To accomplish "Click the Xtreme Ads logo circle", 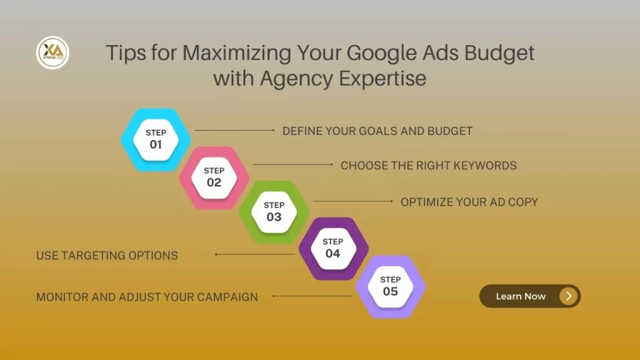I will click(x=52, y=52).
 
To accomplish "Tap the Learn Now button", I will click(x=529, y=296).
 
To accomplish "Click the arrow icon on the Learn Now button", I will click(x=568, y=296).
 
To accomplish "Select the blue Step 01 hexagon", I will click(x=156, y=139).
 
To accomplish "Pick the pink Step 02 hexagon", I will click(x=214, y=177).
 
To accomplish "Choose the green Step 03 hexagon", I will click(x=274, y=211).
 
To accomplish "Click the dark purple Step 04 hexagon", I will click(x=332, y=247).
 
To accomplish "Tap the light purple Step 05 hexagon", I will click(x=390, y=286).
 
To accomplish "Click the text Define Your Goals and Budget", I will click(x=377, y=131).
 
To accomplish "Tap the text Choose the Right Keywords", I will click(x=429, y=166).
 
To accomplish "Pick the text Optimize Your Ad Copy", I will click(x=469, y=202).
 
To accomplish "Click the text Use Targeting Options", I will click(x=107, y=255).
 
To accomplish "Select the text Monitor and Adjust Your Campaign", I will click(x=147, y=297).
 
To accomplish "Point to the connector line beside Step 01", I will click(x=234, y=130).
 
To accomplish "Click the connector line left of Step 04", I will click(x=255, y=254).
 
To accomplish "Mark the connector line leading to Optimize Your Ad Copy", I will click(x=352, y=201).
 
